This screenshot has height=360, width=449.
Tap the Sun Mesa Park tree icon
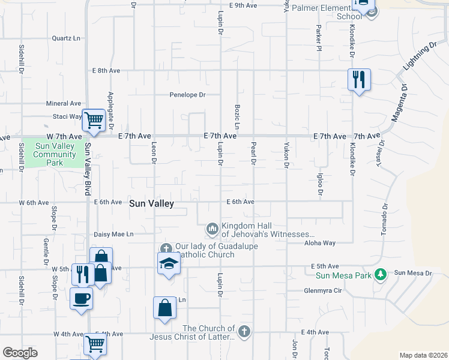point(379,274)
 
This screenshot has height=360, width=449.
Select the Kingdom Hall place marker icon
point(212,229)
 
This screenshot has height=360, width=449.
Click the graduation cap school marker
point(169,263)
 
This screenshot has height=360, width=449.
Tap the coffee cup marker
point(82,298)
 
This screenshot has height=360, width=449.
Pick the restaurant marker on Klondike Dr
point(359,80)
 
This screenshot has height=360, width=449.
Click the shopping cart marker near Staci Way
point(94,120)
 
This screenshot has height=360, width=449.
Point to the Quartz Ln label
point(66,38)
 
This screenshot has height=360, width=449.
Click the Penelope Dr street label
point(187,95)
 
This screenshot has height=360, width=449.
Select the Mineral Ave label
point(63,104)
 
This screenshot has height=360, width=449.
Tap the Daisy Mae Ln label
point(113,234)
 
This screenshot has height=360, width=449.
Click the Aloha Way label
point(320,243)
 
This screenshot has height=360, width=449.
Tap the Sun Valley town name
point(151,204)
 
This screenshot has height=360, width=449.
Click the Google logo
point(20,353)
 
